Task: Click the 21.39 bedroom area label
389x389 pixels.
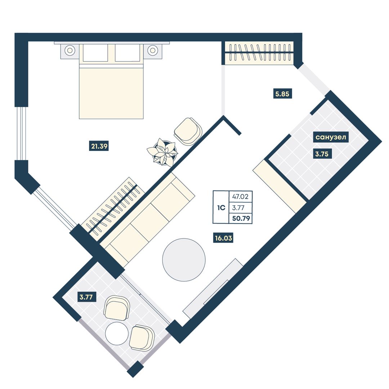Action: point(99,146)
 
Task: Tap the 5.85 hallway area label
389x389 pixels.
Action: point(282,94)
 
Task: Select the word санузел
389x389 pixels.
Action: point(331,137)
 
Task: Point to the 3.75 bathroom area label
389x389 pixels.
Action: point(322,154)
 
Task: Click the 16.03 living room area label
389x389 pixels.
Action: point(223,238)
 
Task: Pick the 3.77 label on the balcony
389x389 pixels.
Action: point(86,297)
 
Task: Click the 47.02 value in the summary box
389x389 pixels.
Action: point(240,197)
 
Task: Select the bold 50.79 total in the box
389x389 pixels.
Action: point(241,219)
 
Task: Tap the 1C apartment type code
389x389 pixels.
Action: point(221,208)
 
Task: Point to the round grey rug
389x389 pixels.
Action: point(184,260)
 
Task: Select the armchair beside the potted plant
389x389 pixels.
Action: point(188,131)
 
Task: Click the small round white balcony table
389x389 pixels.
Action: point(117,334)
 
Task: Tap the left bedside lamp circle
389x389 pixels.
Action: point(70,50)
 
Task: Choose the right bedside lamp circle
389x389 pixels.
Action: point(153,50)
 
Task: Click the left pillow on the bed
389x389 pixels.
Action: point(95,53)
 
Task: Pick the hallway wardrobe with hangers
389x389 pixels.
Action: point(259,53)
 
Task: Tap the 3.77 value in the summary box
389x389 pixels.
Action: point(238,208)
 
